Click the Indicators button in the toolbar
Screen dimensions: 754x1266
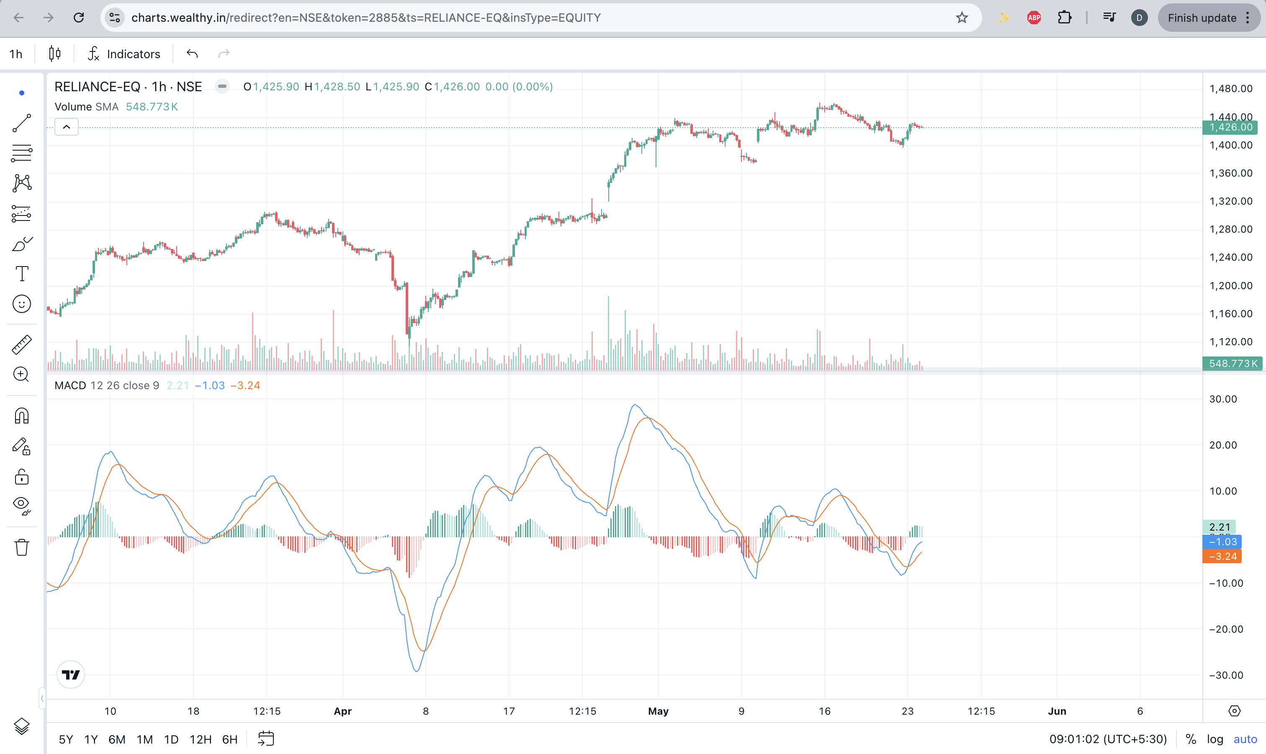click(x=124, y=54)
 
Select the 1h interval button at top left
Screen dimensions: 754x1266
click(x=16, y=54)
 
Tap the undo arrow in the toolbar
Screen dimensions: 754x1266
click(x=192, y=54)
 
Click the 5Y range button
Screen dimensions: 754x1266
click(x=66, y=739)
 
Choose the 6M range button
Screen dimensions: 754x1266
click(x=117, y=739)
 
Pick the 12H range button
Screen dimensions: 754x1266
click(x=200, y=739)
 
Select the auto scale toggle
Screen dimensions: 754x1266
click(x=1245, y=739)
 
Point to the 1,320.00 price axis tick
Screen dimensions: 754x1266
click(x=1230, y=201)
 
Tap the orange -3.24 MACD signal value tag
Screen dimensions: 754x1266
click(x=1222, y=557)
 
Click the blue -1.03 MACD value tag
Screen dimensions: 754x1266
click(x=1222, y=541)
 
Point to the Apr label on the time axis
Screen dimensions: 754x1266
click(x=342, y=711)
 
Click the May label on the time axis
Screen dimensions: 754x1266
click(x=658, y=711)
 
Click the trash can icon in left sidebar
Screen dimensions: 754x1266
click(x=21, y=547)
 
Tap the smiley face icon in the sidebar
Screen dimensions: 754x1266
click(x=21, y=304)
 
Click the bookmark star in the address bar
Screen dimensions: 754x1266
click(x=962, y=18)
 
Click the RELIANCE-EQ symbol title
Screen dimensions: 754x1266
click(x=97, y=87)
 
